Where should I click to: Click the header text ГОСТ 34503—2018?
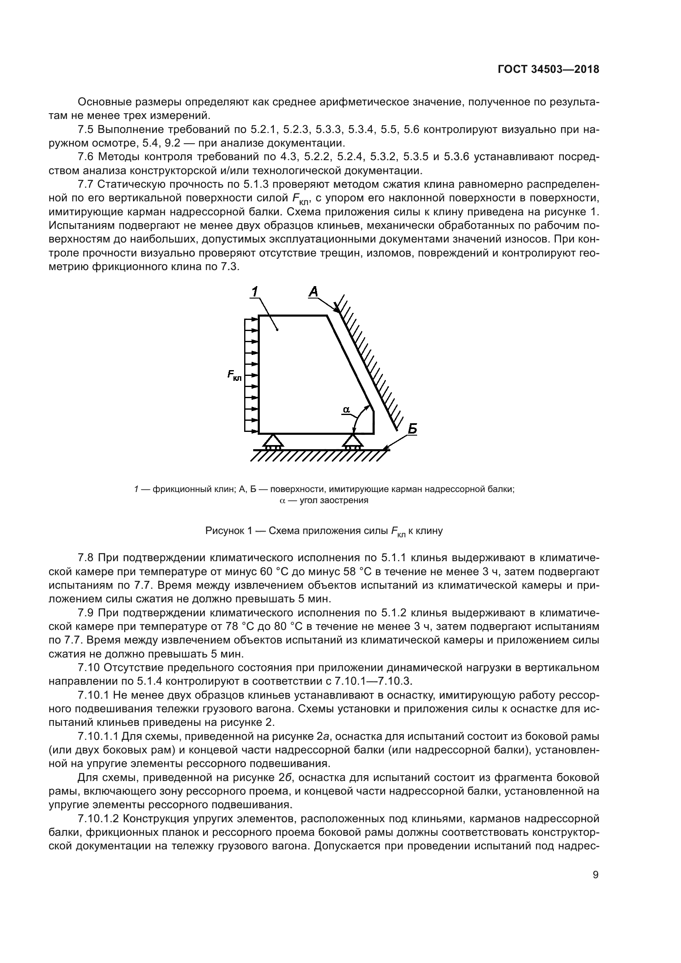coord(548,70)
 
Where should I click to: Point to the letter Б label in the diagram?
coord(412,429)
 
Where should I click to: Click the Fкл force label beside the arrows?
coord(234,375)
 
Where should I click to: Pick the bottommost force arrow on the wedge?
coord(252,431)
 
